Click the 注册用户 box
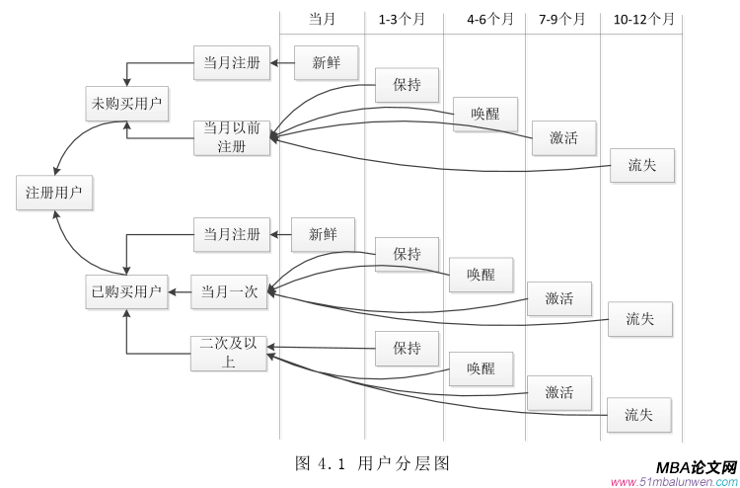point(54,192)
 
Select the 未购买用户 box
point(126,104)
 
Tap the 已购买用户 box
point(126,291)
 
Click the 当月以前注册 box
point(232,137)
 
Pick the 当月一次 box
point(230,291)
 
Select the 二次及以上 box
point(229,353)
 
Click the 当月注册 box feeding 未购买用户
point(232,63)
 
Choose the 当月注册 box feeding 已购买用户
point(232,235)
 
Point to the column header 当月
point(323,19)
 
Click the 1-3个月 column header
point(404,19)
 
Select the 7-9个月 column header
point(562,19)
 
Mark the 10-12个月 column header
point(644,19)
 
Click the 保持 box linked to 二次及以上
point(407,348)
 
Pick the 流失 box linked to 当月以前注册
point(641,165)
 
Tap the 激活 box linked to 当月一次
point(559,298)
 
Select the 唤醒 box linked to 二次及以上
point(481,368)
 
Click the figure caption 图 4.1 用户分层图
point(372,462)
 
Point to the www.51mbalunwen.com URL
point(674,482)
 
